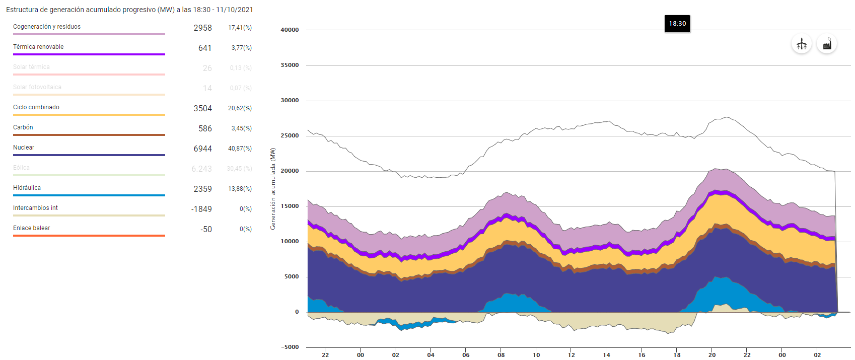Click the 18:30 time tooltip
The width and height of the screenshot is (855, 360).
[x=677, y=24]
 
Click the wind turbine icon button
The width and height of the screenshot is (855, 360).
[x=802, y=44]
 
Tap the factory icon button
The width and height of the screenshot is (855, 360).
[x=827, y=44]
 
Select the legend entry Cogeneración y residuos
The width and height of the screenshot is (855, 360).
[x=47, y=27]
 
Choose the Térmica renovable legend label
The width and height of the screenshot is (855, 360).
[x=38, y=47]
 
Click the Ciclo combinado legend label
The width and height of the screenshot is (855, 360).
[x=36, y=107]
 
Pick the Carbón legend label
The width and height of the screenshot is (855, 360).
[x=23, y=127]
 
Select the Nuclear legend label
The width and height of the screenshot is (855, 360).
[x=24, y=148]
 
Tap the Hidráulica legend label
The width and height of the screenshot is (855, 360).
[x=27, y=188]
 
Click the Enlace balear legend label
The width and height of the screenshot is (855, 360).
[x=32, y=228]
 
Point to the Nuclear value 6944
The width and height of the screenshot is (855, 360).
[x=202, y=149]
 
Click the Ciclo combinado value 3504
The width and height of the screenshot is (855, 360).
[x=202, y=108]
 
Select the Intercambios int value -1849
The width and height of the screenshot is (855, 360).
[x=201, y=209]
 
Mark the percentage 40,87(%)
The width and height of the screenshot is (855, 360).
[x=240, y=149]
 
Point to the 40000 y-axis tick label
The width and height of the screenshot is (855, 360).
[x=290, y=30]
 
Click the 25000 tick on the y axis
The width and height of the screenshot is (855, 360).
[x=290, y=136]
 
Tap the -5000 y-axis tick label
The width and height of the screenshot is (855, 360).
[x=290, y=347]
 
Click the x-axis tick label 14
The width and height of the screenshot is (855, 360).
[x=607, y=355]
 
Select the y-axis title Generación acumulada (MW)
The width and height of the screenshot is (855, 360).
[x=273, y=189]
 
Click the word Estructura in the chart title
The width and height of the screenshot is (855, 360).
[x=22, y=10]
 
